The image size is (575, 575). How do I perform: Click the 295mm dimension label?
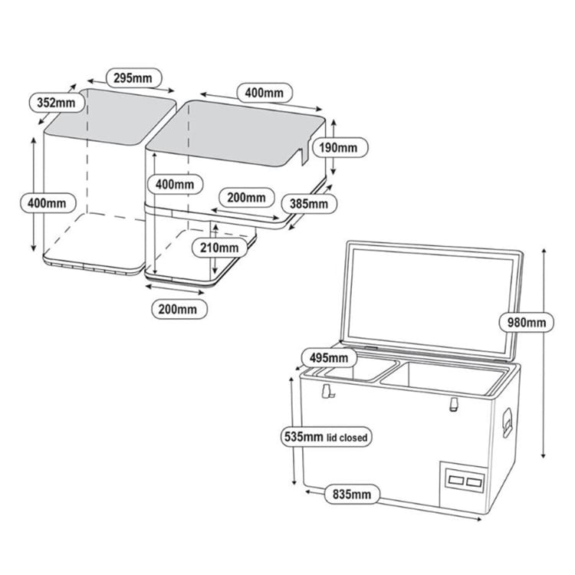point(133,78)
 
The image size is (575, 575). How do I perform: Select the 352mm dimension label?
point(56,103)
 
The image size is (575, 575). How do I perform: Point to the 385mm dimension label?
point(309,204)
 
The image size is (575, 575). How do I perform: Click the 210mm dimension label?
point(219,248)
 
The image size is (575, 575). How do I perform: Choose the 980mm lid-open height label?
point(527,323)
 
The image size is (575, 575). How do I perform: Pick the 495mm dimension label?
point(329,357)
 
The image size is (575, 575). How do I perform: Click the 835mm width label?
point(352,495)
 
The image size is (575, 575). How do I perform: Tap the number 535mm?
point(304,437)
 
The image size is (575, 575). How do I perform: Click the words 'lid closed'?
point(347,438)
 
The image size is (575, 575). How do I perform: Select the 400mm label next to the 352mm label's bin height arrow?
point(48,203)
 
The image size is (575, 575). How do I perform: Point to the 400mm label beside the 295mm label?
point(264,93)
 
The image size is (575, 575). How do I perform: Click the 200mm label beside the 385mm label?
point(246,198)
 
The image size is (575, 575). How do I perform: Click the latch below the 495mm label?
point(327,391)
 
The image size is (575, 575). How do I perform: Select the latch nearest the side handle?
point(454,404)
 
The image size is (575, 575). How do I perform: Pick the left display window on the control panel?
point(456,480)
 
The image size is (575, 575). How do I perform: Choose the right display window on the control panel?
point(474,482)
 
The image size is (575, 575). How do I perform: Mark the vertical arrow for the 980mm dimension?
point(544,353)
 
